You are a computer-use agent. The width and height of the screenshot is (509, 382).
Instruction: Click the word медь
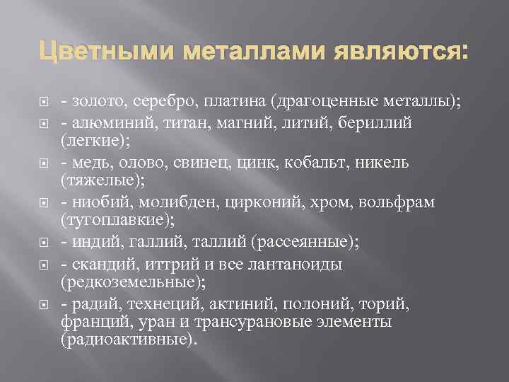88,163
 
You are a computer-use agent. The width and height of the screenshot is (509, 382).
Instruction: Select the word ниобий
100,204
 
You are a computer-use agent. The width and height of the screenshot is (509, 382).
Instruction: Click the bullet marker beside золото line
43,103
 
